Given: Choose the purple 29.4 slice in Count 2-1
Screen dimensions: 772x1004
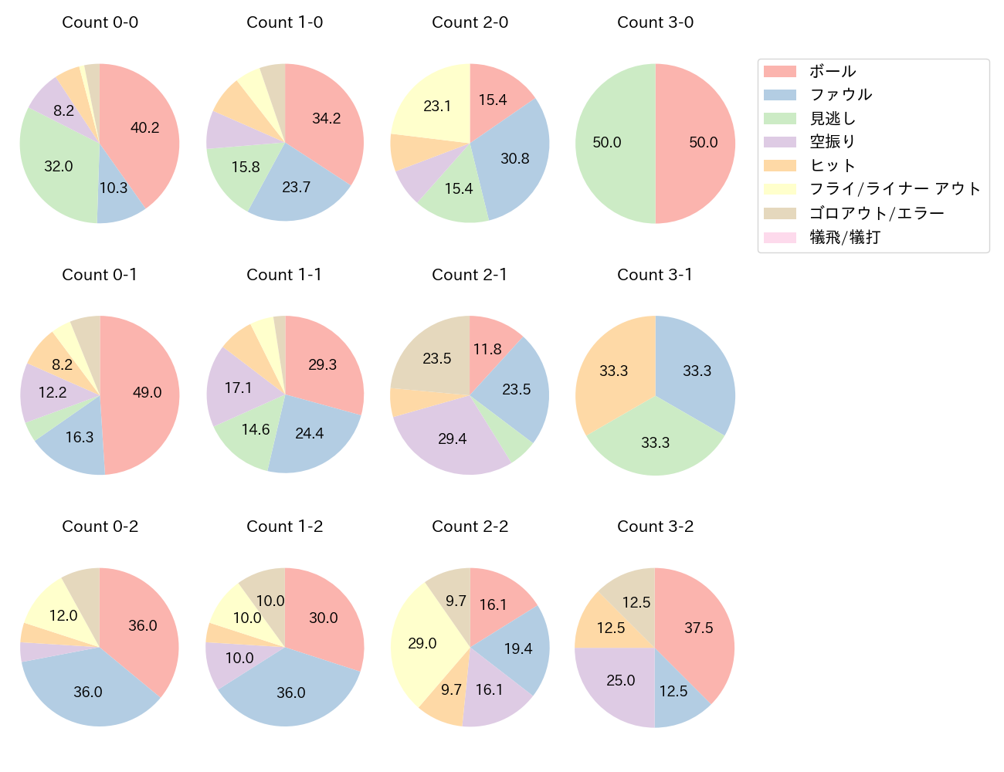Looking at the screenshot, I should pyautogui.click(x=453, y=438).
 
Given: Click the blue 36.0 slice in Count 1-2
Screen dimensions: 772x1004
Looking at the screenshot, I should pyautogui.click(x=290, y=692).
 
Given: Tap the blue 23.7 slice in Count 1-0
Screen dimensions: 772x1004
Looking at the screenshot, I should pyautogui.click(x=297, y=188).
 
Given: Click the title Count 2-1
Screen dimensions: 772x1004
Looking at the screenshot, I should pyautogui.click(x=470, y=275).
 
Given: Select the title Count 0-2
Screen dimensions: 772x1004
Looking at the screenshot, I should pyautogui.click(x=100, y=527).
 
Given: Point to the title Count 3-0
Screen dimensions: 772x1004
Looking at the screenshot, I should pyautogui.click(x=655, y=22).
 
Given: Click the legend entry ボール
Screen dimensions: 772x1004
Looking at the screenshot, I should pyautogui.click(x=833, y=72).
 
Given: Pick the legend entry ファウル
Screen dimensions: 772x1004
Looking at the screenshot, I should pyautogui.click(x=840, y=95).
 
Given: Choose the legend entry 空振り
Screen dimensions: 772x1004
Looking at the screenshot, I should pyautogui.click(x=833, y=142).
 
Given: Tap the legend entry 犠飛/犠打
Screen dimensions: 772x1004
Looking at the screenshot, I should pyautogui.click(x=845, y=237).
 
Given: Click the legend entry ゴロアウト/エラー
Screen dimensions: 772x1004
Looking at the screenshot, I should pyautogui.click(x=877, y=213).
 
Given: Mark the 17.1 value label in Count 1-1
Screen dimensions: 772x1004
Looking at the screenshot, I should pyautogui.click(x=239, y=388).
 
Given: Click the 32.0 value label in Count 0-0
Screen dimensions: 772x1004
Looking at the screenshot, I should pyautogui.click(x=59, y=167).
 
